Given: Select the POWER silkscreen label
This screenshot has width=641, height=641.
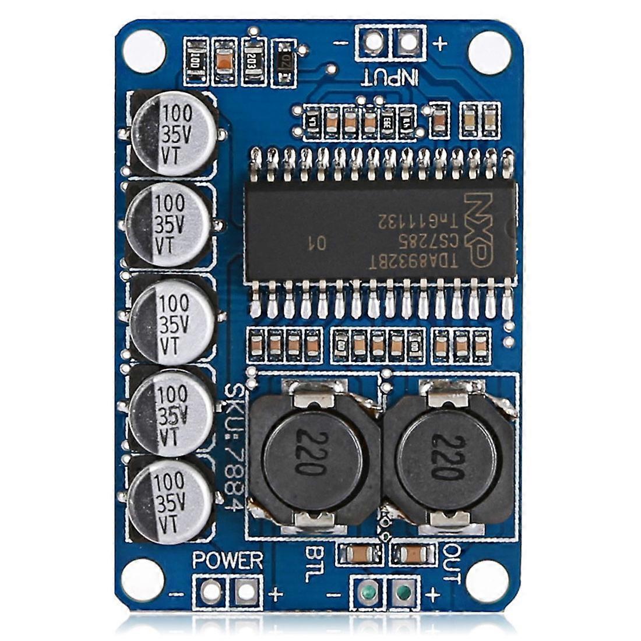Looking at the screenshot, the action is (228, 561).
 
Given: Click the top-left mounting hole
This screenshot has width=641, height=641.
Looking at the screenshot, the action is (143, 46).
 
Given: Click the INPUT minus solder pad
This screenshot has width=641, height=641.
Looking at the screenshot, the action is (374, 41).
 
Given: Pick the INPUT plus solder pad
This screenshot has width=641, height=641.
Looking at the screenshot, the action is (407, 41).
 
